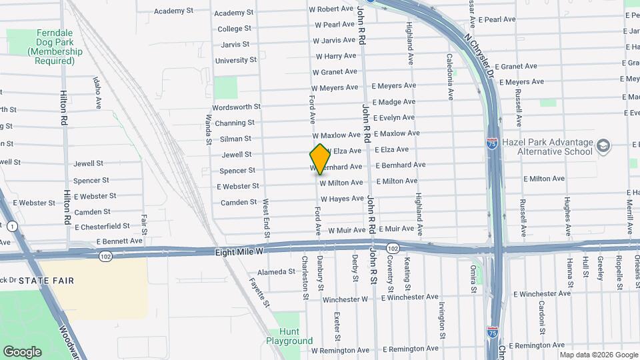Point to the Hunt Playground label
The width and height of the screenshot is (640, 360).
tap(289, 336)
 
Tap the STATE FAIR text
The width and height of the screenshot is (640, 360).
tap(46, 281)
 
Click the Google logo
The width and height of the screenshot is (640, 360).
tap(22, 352)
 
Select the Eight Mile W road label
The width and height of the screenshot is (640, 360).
tap(241, 252)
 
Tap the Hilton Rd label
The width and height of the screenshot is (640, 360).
tap(65, 109)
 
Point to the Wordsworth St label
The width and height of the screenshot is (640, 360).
tap(236, 107)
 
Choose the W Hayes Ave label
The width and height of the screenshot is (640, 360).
tap(342, 199)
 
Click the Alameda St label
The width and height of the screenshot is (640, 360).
tap(276, 272)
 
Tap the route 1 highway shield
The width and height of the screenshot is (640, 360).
tap(13, 227)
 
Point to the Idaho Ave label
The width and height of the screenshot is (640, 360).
tap(97, 93)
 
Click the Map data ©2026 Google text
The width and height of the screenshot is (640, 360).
tap(599, 355)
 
